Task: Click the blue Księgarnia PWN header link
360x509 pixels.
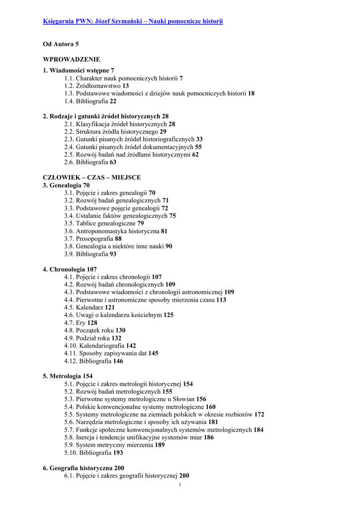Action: [x=133, y=21]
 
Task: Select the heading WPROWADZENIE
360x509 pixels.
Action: [x=72, y=59]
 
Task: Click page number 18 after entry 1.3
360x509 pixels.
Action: [x=251, y=93]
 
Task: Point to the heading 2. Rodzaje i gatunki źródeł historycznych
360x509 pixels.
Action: [x=105, y=116]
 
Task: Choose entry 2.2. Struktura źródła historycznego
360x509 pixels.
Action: [x=115, y=132]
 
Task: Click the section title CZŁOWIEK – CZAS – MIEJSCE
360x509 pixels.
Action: [x=91, y=177]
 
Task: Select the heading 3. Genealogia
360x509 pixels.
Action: [x=66, y=185]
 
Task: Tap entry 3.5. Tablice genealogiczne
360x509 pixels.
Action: [x=103, y=223]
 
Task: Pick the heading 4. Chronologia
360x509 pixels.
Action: [x=70, y=269]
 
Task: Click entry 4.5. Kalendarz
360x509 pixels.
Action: [x=89, y=307]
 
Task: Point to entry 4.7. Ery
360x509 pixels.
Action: [x=80, y=323]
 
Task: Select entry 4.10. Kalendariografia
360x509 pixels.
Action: [x=99, y=345]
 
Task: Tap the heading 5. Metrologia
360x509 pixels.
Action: [x=67, y=376]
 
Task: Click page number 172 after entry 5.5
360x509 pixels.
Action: [x=259, y=415]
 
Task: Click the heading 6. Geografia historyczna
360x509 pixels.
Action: [x=83, y=468]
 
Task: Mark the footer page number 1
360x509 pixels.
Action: [x=180, y=485]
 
